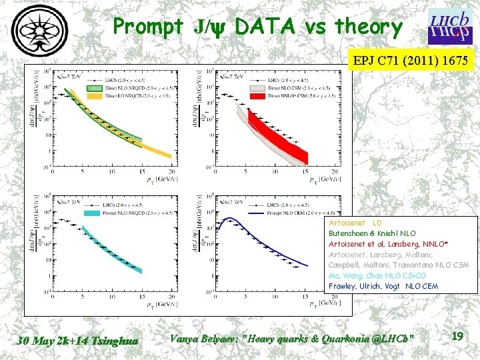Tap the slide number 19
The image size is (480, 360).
[457, 337]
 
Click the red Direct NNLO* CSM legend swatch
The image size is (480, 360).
[256, 96]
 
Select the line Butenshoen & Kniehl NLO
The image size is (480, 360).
[372, 233]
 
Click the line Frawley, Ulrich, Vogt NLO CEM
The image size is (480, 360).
[383, 286]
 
